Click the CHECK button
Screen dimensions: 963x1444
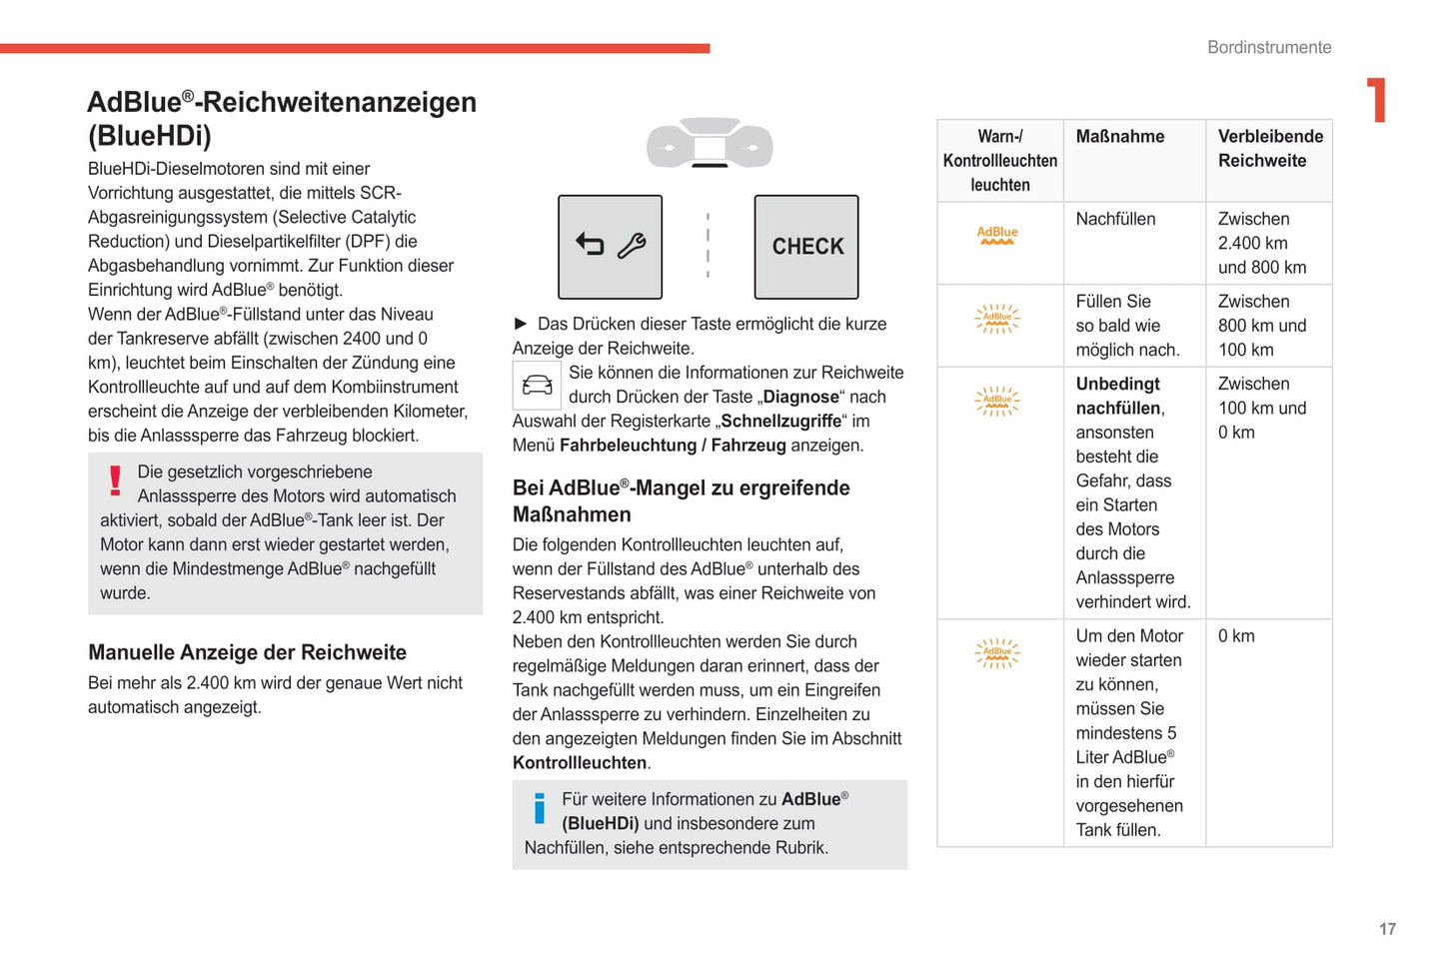click(806, 247)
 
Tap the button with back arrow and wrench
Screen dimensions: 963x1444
click(610, 247)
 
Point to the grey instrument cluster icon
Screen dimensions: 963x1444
click(710, 143)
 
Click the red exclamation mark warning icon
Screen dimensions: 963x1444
click(116, 481)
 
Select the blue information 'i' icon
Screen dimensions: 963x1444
click(540, 807)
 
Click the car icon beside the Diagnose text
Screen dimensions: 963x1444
click(537, 385)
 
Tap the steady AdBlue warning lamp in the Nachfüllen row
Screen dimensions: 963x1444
click(997, 236)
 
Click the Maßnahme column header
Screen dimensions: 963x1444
click(1120, 137)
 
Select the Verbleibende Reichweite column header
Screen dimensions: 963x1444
click(1269, 149)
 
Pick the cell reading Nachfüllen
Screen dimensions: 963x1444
click(1115, 219)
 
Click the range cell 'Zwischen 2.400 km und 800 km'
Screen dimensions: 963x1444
click(1261, 243)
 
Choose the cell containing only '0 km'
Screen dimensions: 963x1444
click(1236, 636)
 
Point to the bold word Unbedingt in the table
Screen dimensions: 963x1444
click(1117, 384)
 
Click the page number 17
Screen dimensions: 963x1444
click(1387, 929)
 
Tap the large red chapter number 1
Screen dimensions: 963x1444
click(1377, 100)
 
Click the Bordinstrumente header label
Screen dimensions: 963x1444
click(1268, 47)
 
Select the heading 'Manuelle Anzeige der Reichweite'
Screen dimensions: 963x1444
click(247, 652)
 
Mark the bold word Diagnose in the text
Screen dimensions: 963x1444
click(800, 397)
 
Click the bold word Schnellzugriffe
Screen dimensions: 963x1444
click(780, 422)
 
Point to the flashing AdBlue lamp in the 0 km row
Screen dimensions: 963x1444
click(997, 653)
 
